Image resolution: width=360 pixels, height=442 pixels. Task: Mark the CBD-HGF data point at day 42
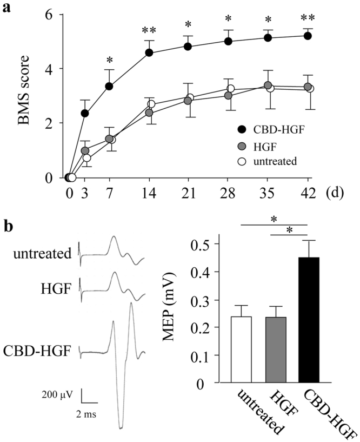pos(308,36)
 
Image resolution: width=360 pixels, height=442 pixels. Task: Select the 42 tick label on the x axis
pos(308,193)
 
